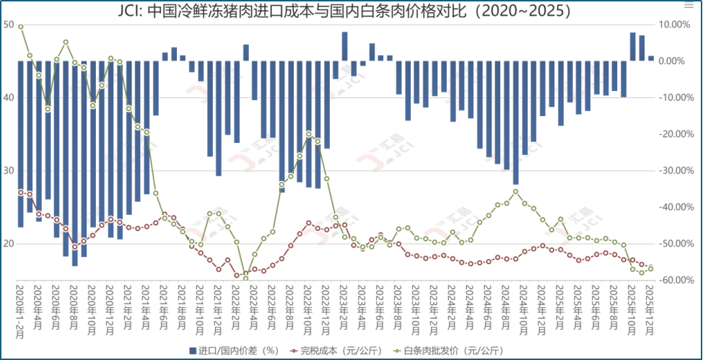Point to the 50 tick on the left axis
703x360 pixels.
pos(8,25)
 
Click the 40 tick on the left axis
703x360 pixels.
pos(8,97)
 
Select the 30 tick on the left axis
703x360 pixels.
pos(8,170)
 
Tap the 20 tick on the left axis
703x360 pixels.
pos(8,243)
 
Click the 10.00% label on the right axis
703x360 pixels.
pos(676,25)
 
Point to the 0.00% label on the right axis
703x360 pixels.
pos(678,61)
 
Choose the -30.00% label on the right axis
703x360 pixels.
pos(674,170)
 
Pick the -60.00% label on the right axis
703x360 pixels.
pos(674,280)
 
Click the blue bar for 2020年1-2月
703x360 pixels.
pos(20,144)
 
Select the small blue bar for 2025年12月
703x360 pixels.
pos(651,58)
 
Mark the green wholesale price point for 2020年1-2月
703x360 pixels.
pos(20,27)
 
